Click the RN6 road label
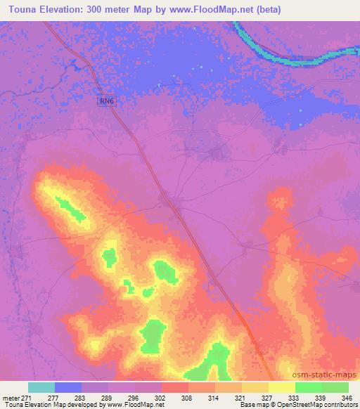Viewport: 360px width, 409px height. pyautogui.click(x=105, y=102)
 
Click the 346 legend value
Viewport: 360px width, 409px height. pyautogui.click(x=347, y=397)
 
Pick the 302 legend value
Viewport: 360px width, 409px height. pyautogui.click(x=160, y=397)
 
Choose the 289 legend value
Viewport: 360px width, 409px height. pyautogui.click(x=108, y=397)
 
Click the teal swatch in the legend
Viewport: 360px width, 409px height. pyautogui.click(x=41, y=387)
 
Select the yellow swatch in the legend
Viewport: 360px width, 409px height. pyautogui.click(x=281, y=387)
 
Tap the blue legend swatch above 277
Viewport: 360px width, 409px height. pyautogui.click(x=68, y=387)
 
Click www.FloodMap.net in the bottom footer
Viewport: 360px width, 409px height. pyautogui.click(x=136, y=405)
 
